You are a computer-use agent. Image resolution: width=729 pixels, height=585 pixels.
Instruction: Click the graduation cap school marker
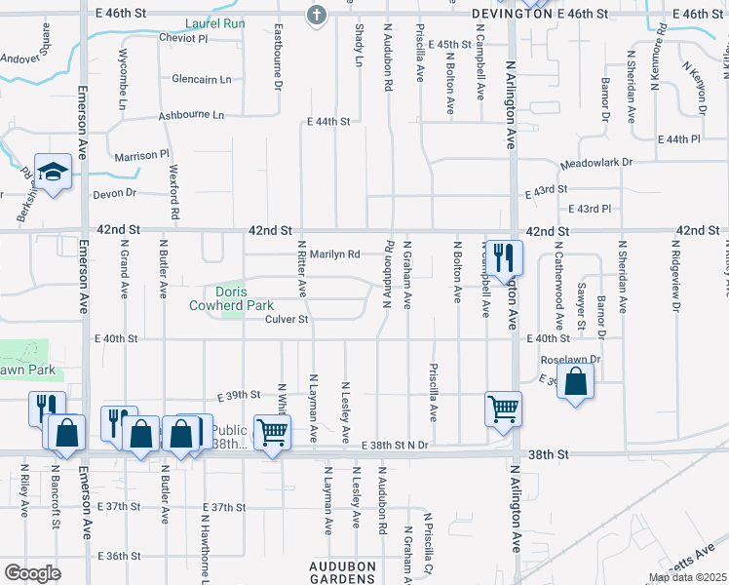pos(54,172)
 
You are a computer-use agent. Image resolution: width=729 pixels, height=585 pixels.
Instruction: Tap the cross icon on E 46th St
pos(315,15)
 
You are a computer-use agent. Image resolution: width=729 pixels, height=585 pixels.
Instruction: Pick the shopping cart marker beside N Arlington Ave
pos(503,409)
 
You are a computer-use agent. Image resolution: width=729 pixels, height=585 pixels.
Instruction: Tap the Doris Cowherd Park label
pos(232,298)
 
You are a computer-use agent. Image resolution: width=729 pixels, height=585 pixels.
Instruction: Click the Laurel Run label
pos(217,22)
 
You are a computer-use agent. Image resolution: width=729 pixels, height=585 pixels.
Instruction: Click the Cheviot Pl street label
pos(182,38)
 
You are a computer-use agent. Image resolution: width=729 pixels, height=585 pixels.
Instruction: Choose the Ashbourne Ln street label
pos(191,115)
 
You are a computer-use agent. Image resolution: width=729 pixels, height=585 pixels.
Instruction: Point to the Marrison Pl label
pos(141,155)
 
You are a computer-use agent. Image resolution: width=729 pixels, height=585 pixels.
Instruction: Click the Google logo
pos(32,573)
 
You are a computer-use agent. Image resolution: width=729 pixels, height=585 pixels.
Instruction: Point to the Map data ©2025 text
pos(686,577)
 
